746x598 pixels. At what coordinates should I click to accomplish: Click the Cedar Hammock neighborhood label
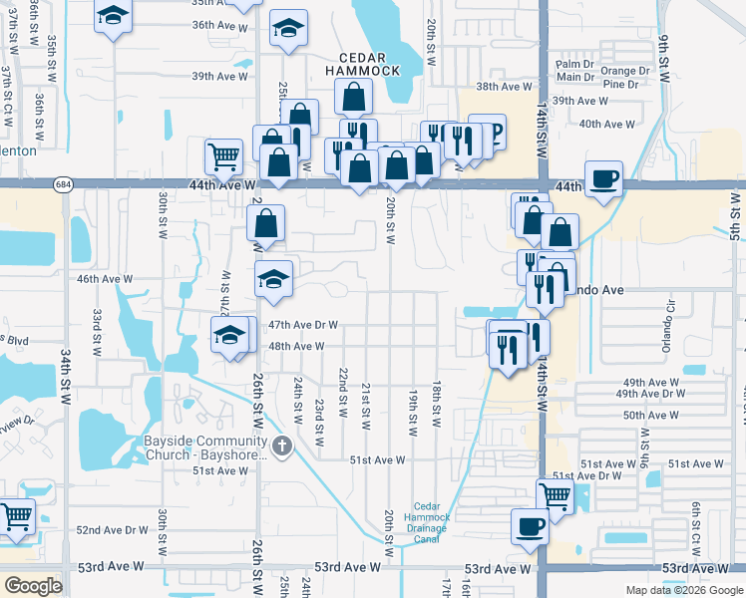[x=366, y=63]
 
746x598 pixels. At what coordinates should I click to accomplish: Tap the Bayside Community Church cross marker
[x=282, y=445]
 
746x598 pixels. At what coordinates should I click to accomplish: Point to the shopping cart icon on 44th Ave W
[x=223, y=155]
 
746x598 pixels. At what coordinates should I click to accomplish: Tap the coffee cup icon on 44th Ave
[x=603, y=178]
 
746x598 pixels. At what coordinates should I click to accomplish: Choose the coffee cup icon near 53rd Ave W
[x=530, y=525]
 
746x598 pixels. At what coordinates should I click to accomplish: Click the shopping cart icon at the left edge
[x=15, y=515]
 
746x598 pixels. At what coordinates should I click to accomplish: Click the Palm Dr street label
[x=574, y=64]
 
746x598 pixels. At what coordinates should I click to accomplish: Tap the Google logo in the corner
[x=32, y=586]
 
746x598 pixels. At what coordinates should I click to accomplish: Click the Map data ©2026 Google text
[x=684, y=590]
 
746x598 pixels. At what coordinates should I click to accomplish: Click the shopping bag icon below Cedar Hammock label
[x=354, y=97]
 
